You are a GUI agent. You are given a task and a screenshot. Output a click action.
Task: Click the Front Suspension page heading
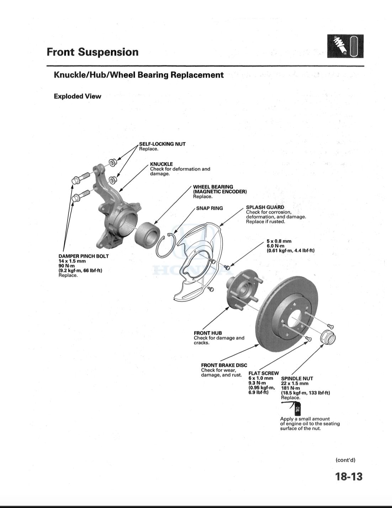[92, 52]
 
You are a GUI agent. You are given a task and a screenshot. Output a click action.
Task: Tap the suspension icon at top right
[345, 46]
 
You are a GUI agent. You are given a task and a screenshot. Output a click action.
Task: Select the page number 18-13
[348, 476]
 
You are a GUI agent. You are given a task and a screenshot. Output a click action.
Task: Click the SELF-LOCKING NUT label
[162, 144]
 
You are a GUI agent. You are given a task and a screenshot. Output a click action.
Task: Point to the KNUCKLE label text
[161, 164]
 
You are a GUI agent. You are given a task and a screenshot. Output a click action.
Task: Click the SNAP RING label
[210, 208]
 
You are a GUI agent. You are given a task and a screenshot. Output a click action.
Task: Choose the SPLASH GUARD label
[265, 207]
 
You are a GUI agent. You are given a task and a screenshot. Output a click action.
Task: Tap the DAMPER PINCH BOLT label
[84, 256]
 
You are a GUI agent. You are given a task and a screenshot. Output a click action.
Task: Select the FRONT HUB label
[208, 333]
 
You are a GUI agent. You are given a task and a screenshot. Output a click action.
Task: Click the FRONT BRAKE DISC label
[224, 365]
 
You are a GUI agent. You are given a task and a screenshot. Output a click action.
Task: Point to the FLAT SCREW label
[264, 373]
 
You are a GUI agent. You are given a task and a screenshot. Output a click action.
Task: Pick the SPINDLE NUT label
[297, 378]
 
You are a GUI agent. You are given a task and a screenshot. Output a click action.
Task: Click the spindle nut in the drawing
[328, 336]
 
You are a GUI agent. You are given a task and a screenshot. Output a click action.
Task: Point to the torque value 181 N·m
[290, 388]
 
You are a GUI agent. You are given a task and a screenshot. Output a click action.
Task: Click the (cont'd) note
[345, 460]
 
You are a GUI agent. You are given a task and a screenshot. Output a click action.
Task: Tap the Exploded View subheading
[77, 96]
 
